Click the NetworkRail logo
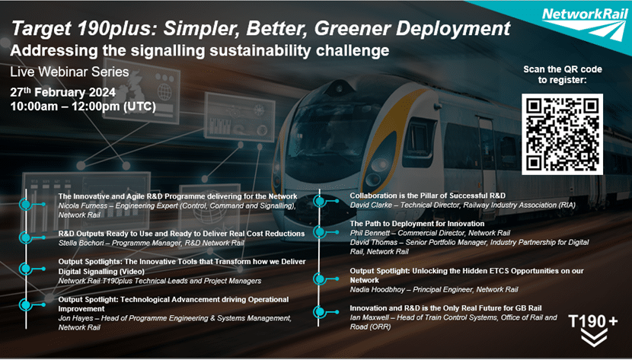[x=585, y=16]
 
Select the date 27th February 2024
[x=63, y=92]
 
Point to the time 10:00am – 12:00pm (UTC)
[x=82, y=107]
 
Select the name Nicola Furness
[x=81, y=205]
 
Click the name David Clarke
[x=372, y=205]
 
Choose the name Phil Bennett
[x=372, y=232]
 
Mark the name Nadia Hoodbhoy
[x=378, y=289]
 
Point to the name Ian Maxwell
[x=371, y=317]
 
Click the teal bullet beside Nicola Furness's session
[x=26, y=203]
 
